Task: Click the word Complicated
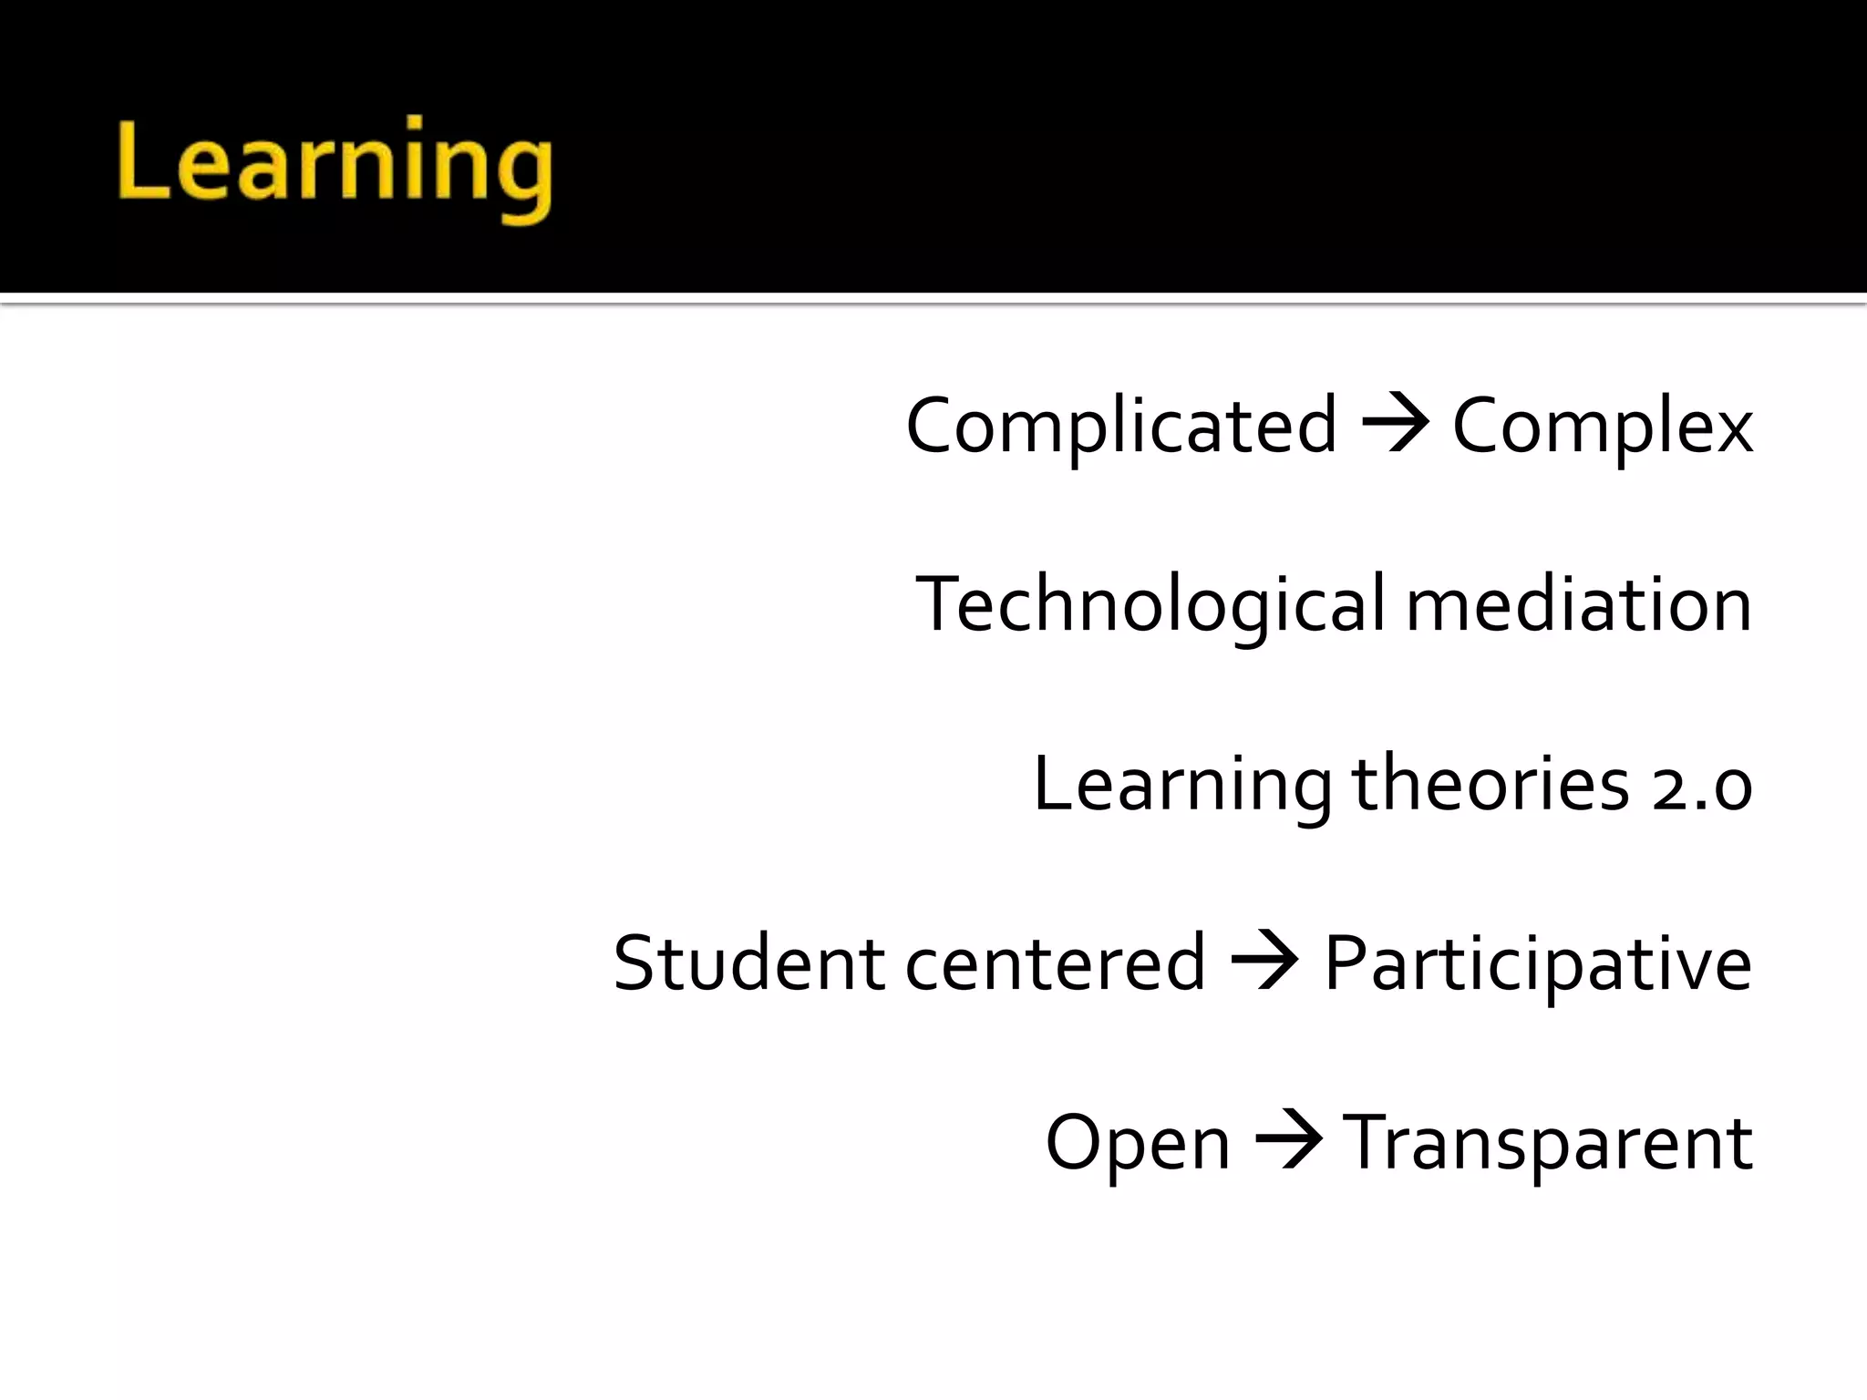[1120, 426]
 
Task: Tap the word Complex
[1602, 426]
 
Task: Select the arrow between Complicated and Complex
[1395, 425]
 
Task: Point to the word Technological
[1150, 604]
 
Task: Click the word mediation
[1578, 604]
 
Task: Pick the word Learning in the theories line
[1182, 784]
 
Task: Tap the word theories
[1490, 784]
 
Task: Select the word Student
[748, 962]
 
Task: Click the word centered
[1055, 962]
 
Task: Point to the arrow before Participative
[1264, 961]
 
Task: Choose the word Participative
[1537, 962]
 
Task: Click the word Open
[1138, 1143]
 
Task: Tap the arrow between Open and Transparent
[1287, 1140]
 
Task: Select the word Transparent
[1547, 1143]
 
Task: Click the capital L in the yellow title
[141, 160]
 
